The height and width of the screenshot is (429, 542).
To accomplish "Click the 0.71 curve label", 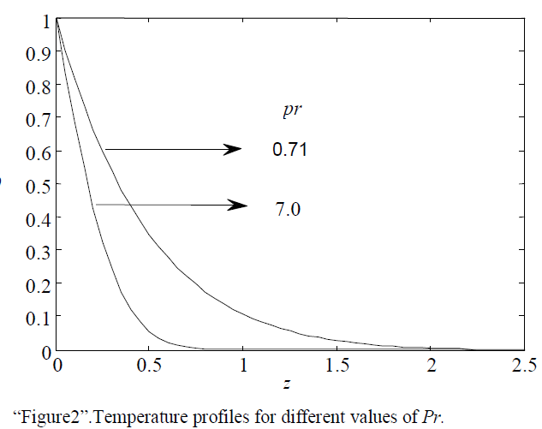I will pos(289,151).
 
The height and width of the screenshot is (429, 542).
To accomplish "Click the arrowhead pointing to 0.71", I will pos(232,149).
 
